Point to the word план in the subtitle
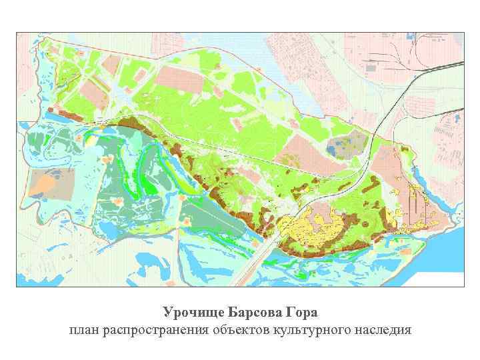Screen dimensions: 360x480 click(84, 329)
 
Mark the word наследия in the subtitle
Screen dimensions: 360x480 click(384, 329)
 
